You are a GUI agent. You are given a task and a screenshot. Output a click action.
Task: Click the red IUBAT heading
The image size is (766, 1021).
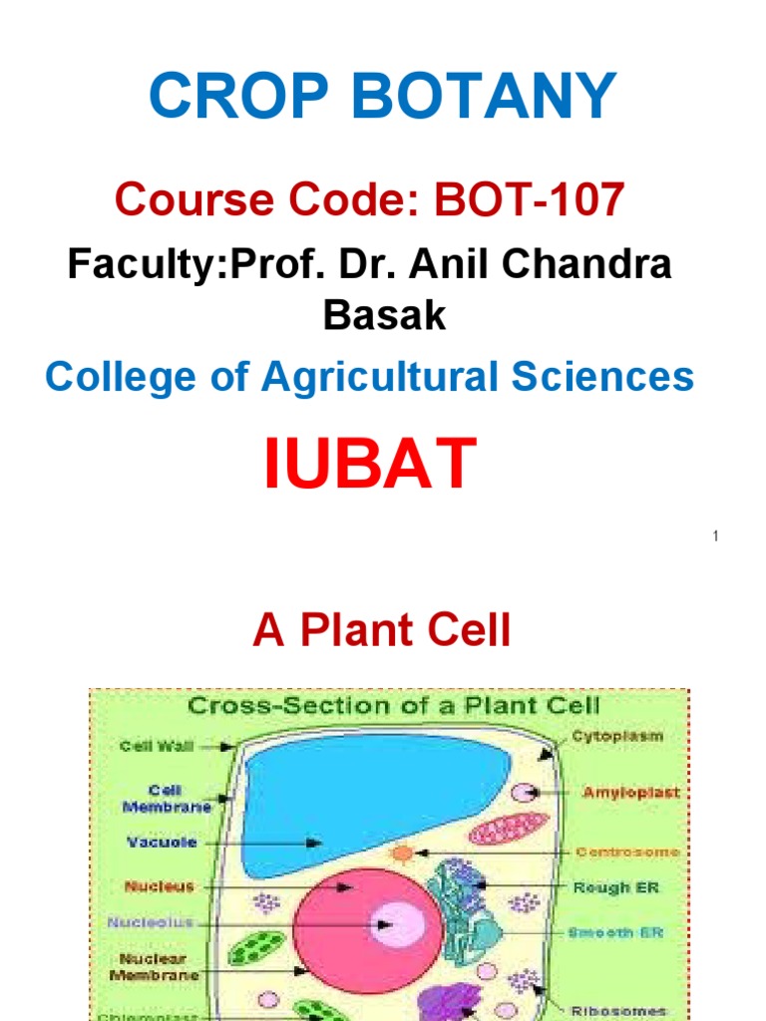click(x=370, y=466)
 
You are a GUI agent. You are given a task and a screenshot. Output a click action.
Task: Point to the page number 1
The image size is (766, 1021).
click(x=715, y=537)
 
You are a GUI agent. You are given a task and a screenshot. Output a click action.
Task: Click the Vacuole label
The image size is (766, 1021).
click(x=162, y=842)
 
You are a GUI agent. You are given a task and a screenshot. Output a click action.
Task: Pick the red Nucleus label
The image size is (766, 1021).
click(x=160, y=885)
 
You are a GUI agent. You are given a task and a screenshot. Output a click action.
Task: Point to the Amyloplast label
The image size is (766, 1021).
click(x=631, y=793)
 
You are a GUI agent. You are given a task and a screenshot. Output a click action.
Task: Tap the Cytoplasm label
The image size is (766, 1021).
click(x=617, y=737)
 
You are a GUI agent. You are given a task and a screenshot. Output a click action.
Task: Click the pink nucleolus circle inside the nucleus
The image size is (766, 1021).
click(x=395, y=923)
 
